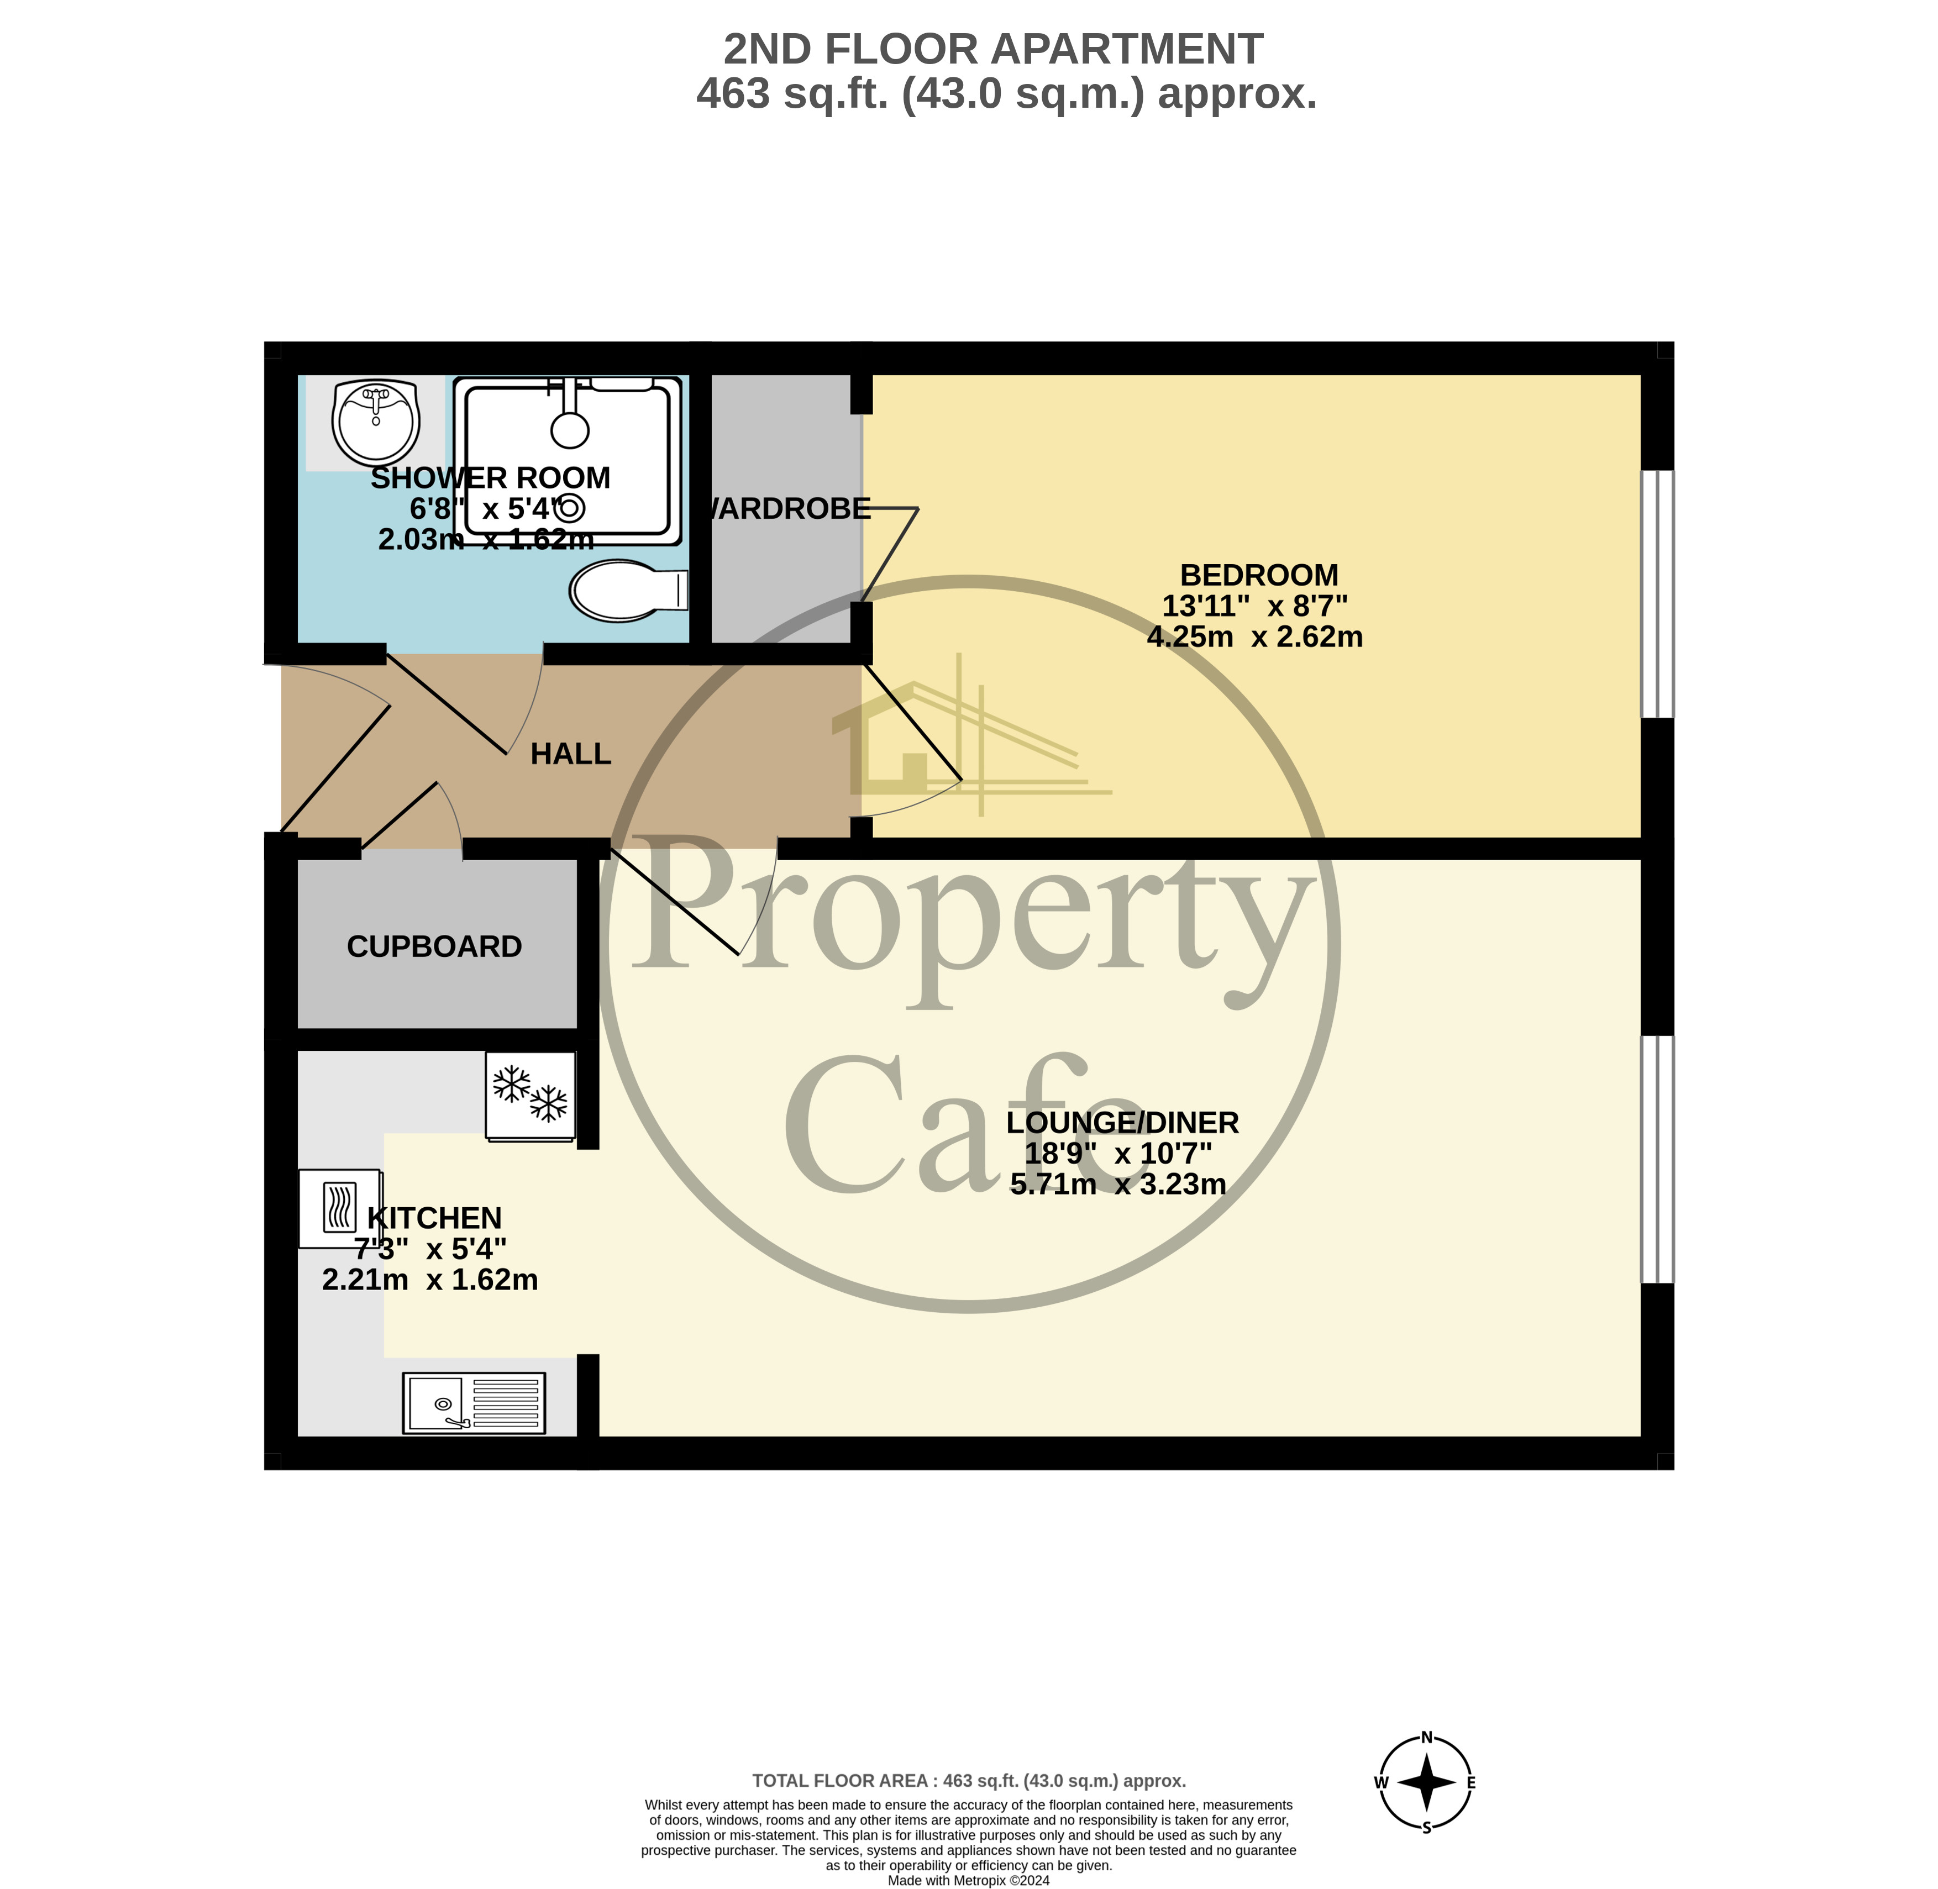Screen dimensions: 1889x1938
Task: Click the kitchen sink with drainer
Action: click(474, 1403)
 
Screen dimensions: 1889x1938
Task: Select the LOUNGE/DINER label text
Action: click(1122, 1123)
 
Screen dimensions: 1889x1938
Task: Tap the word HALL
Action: click(571, 754)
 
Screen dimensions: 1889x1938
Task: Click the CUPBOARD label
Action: click(435, 946)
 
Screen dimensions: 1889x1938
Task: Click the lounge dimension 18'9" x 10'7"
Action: click(1118, 1154)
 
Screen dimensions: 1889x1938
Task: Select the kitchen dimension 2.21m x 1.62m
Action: click(430, 1280)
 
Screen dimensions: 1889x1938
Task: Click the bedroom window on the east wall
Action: click(1657, 593)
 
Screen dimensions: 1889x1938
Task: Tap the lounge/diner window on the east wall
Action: click(1657, 1159)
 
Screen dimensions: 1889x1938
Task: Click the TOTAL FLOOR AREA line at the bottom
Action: click(969, 1781)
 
